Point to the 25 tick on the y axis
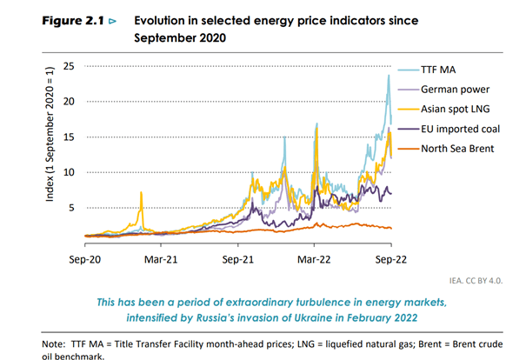click(x=68, y=66)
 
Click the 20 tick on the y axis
click(x=68, y=102)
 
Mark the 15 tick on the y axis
click(x=68, y=137)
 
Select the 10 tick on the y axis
click(x=68, y=172)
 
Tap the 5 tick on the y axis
click(x=71, y=208)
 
